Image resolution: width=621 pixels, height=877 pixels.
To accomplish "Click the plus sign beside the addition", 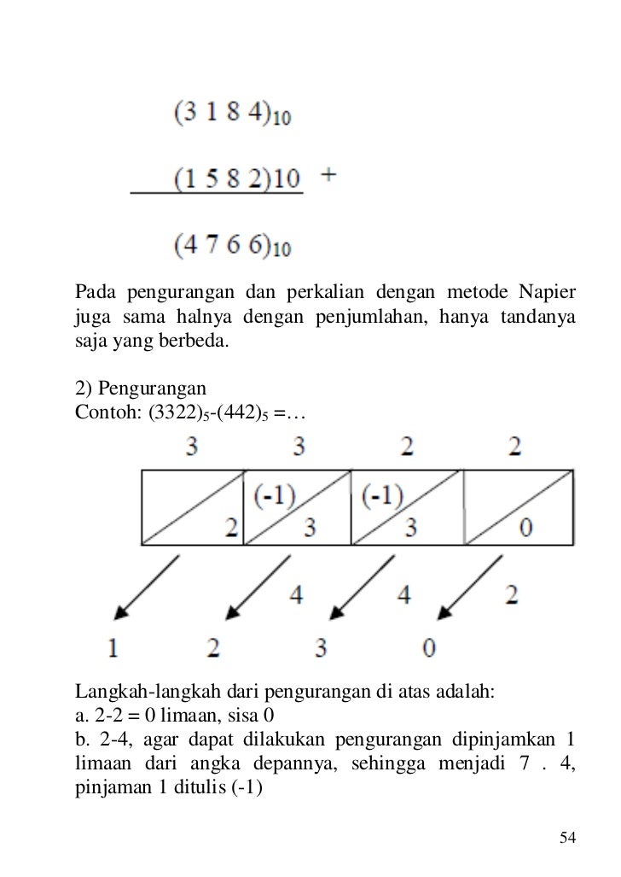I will (x=328, y=175).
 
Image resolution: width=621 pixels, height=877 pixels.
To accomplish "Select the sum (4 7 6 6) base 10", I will (x=233, y=246).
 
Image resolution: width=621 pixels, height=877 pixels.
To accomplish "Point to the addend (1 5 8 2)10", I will (x=238, y=180).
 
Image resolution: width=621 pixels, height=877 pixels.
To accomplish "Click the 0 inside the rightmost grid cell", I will (x=525, y=528).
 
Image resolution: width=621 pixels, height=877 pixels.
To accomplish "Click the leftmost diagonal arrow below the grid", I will (x=148, y=587).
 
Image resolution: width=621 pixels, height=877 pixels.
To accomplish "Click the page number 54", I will (x=567, y=837).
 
